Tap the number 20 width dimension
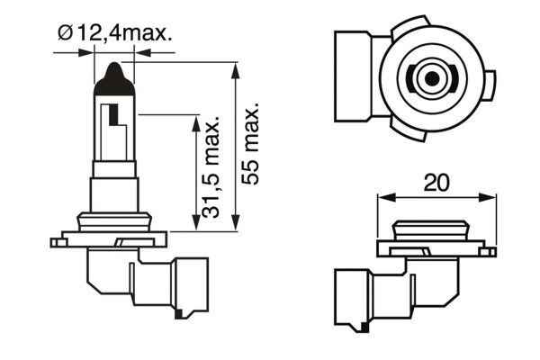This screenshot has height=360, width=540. [437, 183]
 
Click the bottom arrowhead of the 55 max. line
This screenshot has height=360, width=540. [236, 226]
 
